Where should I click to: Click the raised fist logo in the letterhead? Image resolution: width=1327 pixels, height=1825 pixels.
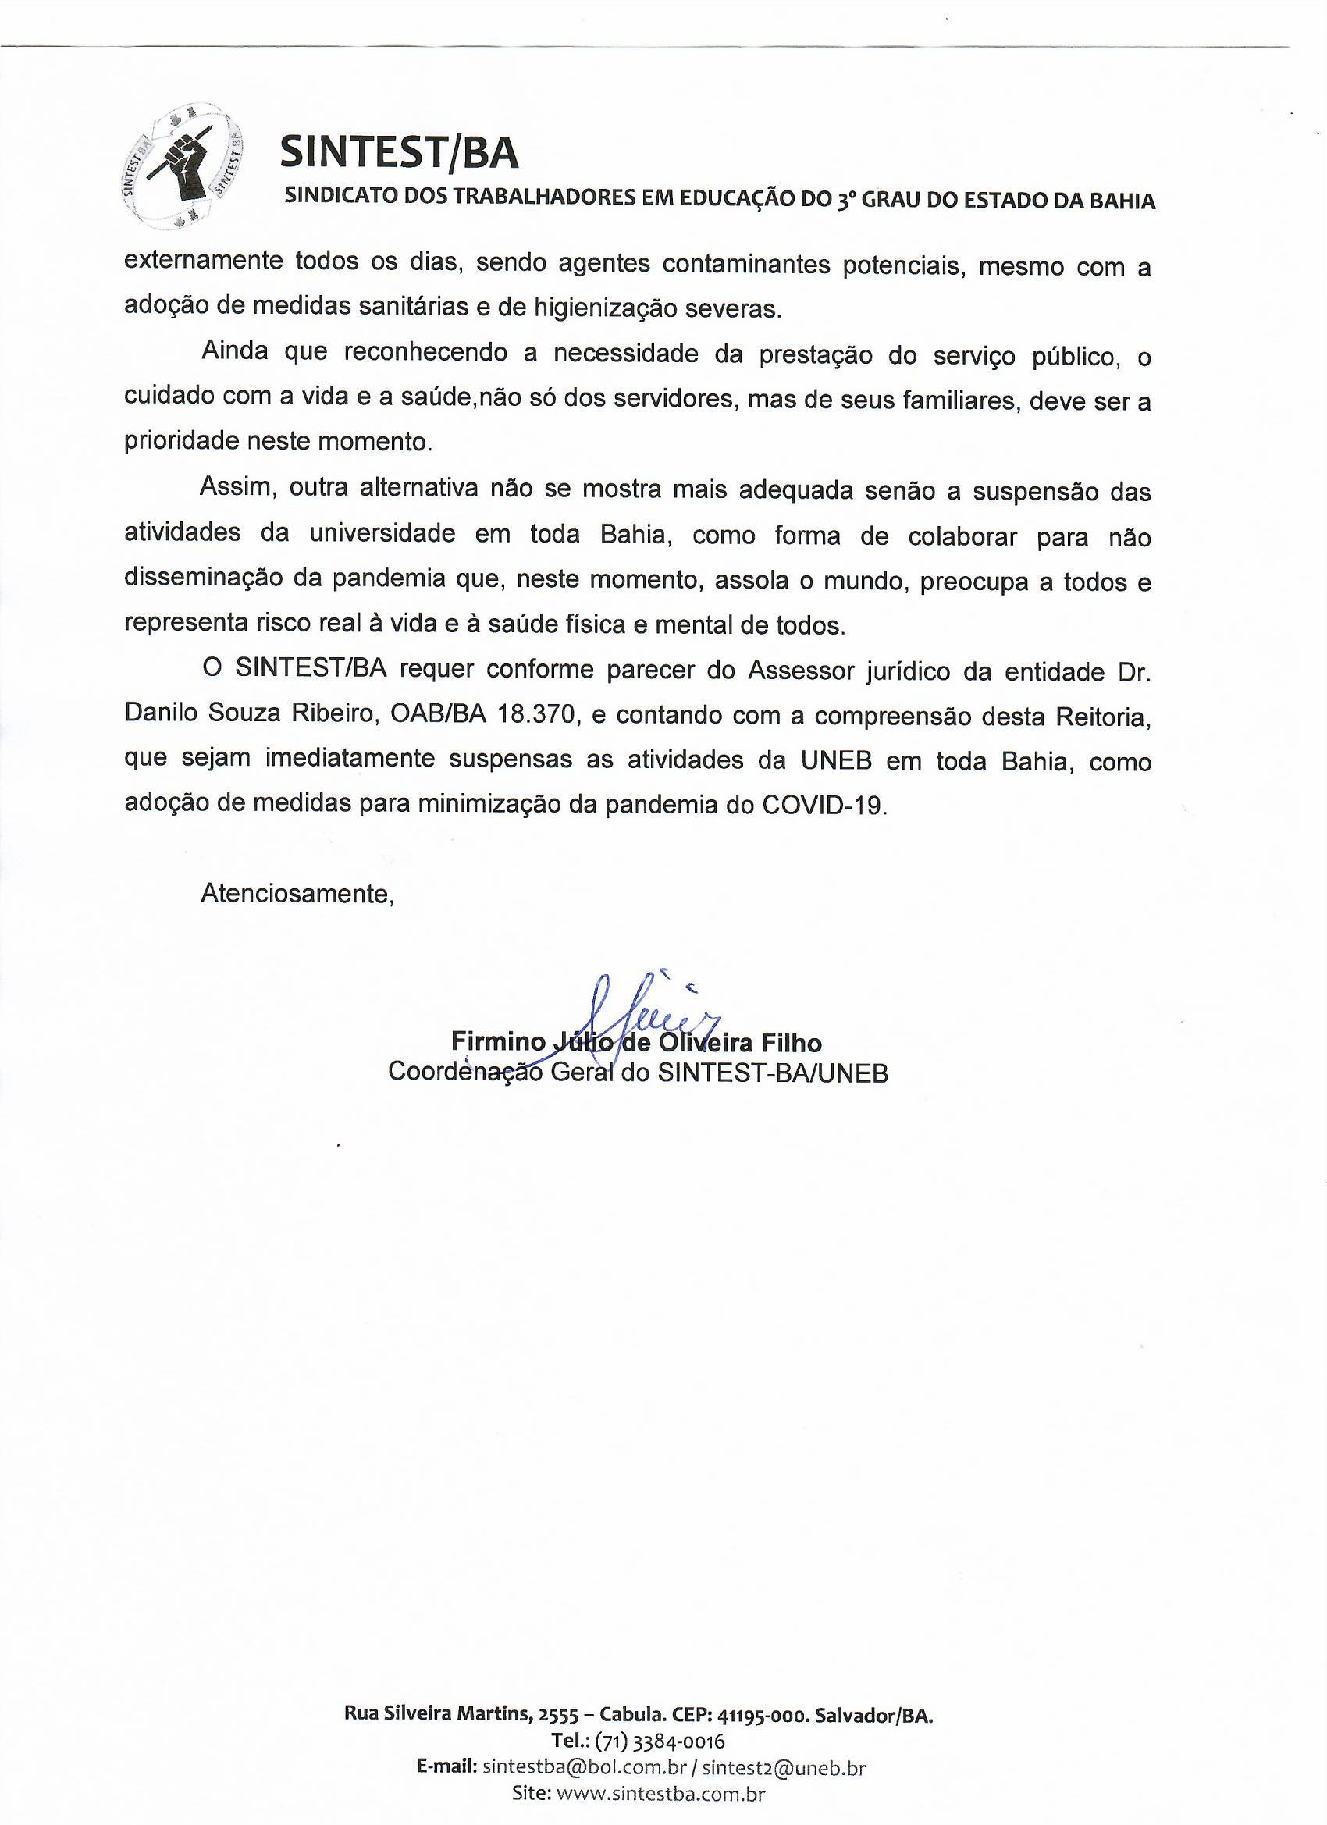184,166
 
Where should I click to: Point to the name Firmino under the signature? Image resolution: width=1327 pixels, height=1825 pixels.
498,1044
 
